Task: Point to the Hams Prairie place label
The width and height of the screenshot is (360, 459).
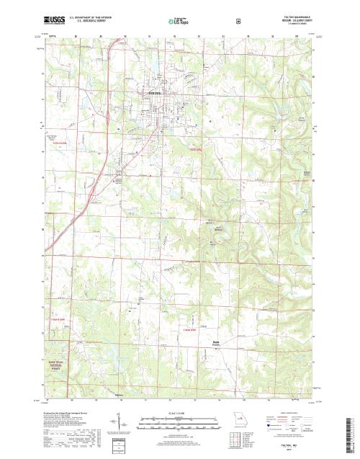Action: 215,343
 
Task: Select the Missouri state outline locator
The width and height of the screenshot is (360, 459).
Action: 236,417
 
